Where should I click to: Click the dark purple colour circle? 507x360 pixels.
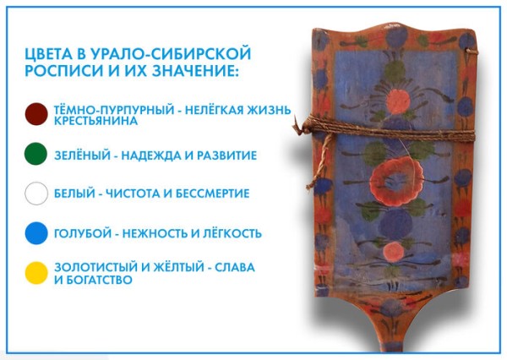tap(36, 115)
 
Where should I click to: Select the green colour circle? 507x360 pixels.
tap(36, 155)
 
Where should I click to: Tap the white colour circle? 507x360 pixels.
tap(36, 194)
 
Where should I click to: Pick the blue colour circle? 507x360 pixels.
tap(36, 232)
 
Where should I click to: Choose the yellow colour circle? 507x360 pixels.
tap(36, 272)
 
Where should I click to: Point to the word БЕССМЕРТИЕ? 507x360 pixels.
tap(210, 194)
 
